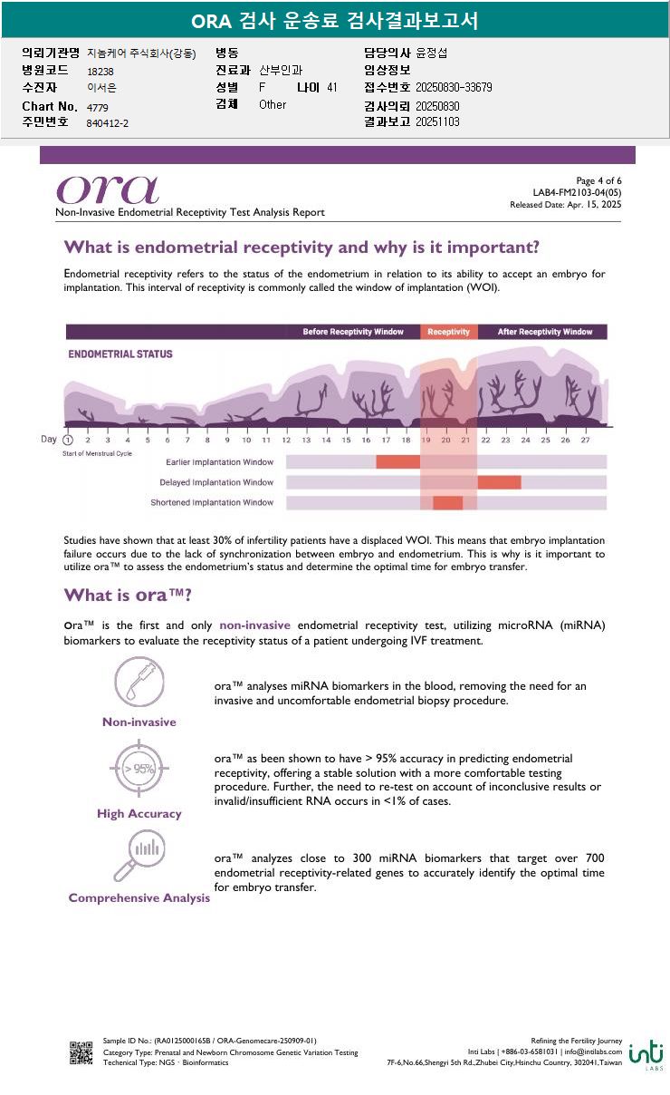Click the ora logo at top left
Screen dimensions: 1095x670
108,189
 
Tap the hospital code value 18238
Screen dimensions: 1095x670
100,71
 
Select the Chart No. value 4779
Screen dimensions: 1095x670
98,108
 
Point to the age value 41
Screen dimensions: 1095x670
332,88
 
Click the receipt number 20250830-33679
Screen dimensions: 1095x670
454,88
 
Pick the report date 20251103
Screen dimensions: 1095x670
437,122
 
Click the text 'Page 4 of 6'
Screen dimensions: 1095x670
598,181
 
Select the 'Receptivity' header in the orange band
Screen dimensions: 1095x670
448,332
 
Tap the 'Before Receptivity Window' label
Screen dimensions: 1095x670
353,332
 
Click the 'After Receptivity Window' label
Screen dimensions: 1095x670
545,332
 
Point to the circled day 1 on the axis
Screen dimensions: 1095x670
68,440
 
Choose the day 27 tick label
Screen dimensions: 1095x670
585,441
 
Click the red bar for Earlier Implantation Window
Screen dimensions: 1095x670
398,462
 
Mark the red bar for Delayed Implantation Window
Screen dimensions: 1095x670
499,482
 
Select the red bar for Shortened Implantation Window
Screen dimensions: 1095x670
448,503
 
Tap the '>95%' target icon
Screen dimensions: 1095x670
139,770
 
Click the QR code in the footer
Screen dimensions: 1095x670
81,1052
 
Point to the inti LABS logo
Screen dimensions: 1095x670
646,1053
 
